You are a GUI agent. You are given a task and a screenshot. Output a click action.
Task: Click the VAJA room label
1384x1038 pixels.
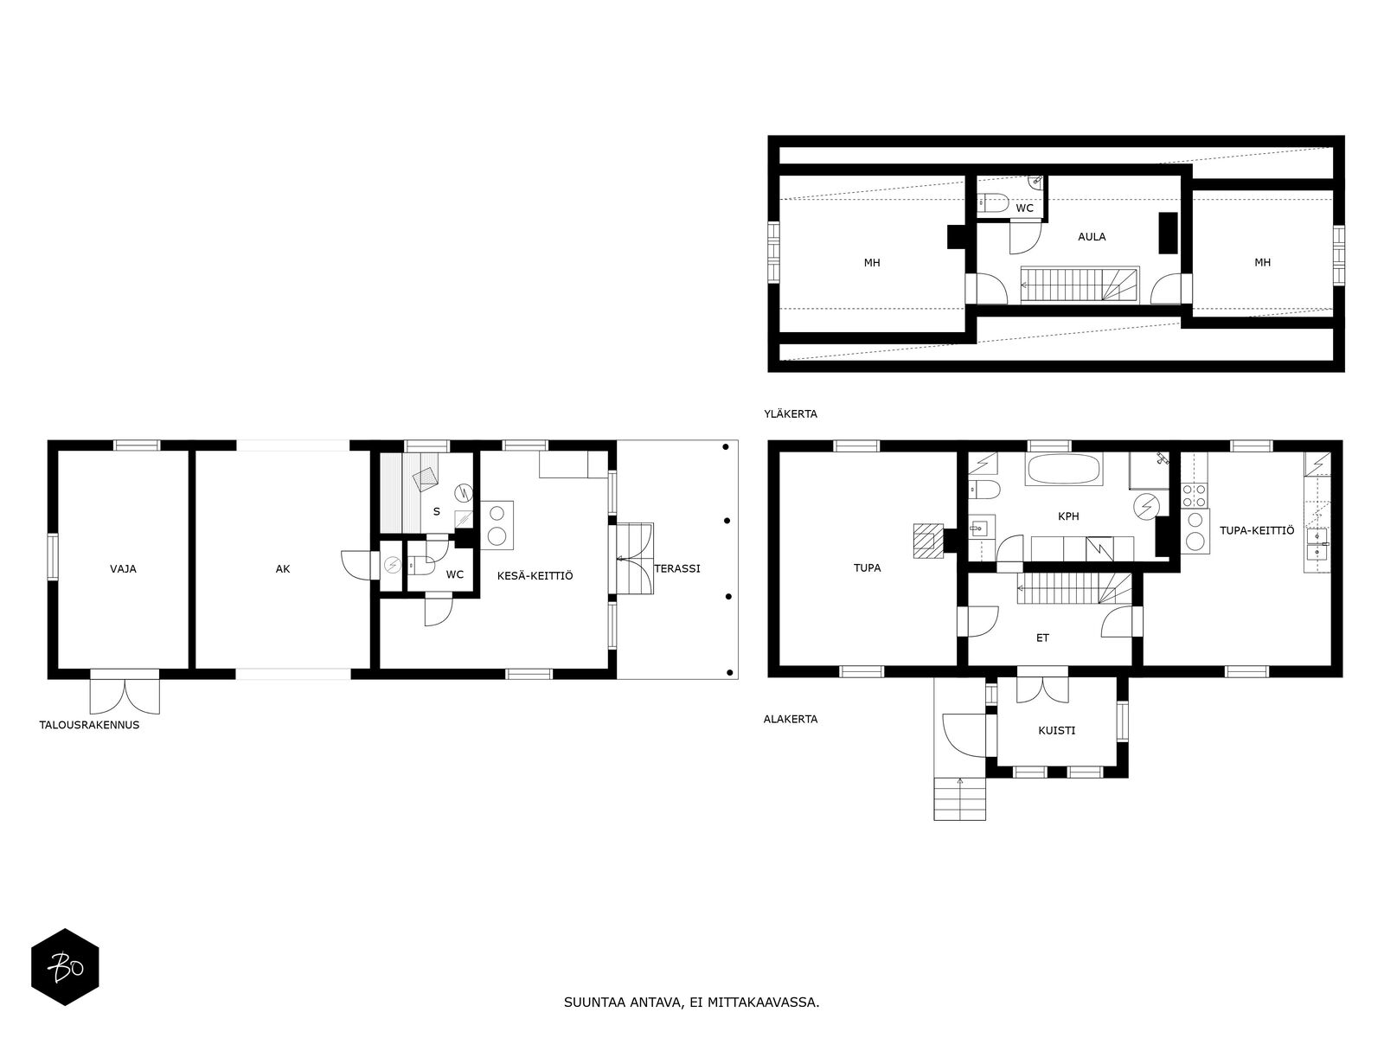123,569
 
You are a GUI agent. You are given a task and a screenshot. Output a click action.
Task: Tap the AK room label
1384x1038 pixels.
283,569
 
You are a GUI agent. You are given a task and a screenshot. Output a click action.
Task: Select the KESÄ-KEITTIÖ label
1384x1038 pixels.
535,575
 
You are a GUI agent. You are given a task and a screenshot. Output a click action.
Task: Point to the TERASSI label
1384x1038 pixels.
677,569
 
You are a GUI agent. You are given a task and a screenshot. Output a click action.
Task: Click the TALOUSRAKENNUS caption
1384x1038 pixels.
89,725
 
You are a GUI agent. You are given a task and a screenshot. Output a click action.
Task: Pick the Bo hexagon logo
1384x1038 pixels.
65,967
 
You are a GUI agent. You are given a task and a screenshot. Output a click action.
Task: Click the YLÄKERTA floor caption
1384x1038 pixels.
791,414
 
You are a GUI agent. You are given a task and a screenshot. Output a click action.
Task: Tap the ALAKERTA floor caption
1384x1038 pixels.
791,719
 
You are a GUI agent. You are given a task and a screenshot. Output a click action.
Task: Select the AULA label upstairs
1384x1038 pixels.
1092,237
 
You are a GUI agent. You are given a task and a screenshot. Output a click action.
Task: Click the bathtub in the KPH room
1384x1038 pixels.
1064,471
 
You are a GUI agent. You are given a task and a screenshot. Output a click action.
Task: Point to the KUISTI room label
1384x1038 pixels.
1057,731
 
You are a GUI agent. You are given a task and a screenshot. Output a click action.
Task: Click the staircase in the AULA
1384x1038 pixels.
1081,284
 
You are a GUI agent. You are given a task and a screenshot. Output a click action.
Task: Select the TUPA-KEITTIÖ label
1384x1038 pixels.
1257,531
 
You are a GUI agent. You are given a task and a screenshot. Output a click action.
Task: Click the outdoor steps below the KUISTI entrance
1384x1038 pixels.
960,798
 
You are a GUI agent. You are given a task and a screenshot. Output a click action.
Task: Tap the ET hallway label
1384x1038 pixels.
1042,638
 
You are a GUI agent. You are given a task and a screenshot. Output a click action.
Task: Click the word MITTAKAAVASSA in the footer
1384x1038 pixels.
763,1003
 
